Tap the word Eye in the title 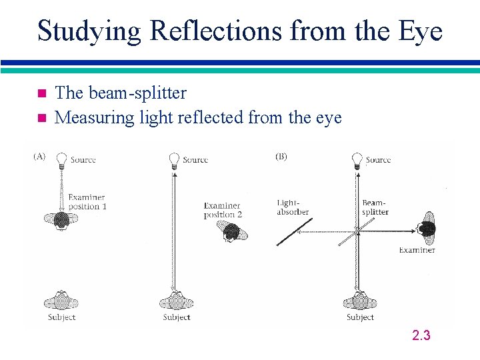[421, 31]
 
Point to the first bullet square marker [41, 93]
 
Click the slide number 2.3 [421, 335]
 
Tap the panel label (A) [39, 156]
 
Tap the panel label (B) [281, 157]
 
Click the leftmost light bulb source [61, 158]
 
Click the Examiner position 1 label [87, 201]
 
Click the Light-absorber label [293, 207]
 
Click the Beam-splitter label [375, 207]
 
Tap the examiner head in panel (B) [425, 230]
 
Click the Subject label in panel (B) [360, 317]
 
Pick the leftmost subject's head [61, 301]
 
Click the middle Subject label [176, 317]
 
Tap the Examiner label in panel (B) [417, 250]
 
